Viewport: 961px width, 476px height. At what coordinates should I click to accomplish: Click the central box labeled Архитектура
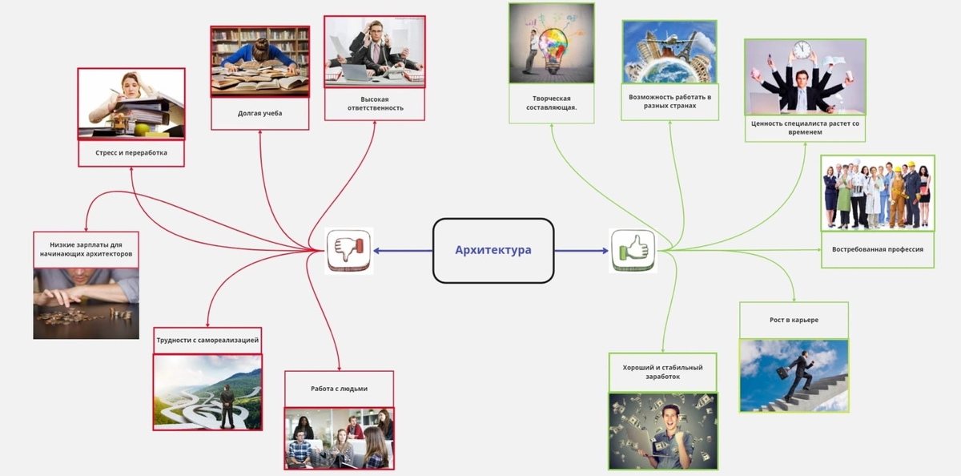(x=493, y=251)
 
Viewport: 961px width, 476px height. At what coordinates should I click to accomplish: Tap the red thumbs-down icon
(x=349, y=251)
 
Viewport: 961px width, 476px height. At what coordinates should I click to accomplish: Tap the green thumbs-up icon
(x=633, y=251)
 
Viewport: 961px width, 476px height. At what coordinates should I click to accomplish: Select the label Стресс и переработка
(x=131, y=153)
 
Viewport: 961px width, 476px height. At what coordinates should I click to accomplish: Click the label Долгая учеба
(x=260, y=113)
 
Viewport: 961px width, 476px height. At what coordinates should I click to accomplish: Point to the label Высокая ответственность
(x=375, y=103)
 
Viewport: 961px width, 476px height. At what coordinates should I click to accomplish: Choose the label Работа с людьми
(x=339, y=389)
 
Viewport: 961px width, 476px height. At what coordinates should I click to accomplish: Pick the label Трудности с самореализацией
(x=207, y=341)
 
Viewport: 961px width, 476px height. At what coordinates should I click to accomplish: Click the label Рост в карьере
(x=794, y=321)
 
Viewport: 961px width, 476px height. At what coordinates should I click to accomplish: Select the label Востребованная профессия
(x=878, y=249)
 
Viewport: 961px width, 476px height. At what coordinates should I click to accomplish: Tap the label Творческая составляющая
(x=551, y=103)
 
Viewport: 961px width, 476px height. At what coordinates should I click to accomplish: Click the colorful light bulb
(x=553, y=48)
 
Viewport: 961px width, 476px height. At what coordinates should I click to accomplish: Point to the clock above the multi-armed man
(x=802, y=50)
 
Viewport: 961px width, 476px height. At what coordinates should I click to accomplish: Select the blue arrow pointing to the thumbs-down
(x=404, y=251)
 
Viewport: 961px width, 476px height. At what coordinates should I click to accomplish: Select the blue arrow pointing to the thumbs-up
(x=581, y=251)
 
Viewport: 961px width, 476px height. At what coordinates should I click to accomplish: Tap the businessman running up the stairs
(x=797, y=376)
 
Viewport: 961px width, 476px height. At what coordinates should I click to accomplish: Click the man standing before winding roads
(x=227, y=406)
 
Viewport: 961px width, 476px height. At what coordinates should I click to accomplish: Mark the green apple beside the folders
(x=142, y=129)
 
